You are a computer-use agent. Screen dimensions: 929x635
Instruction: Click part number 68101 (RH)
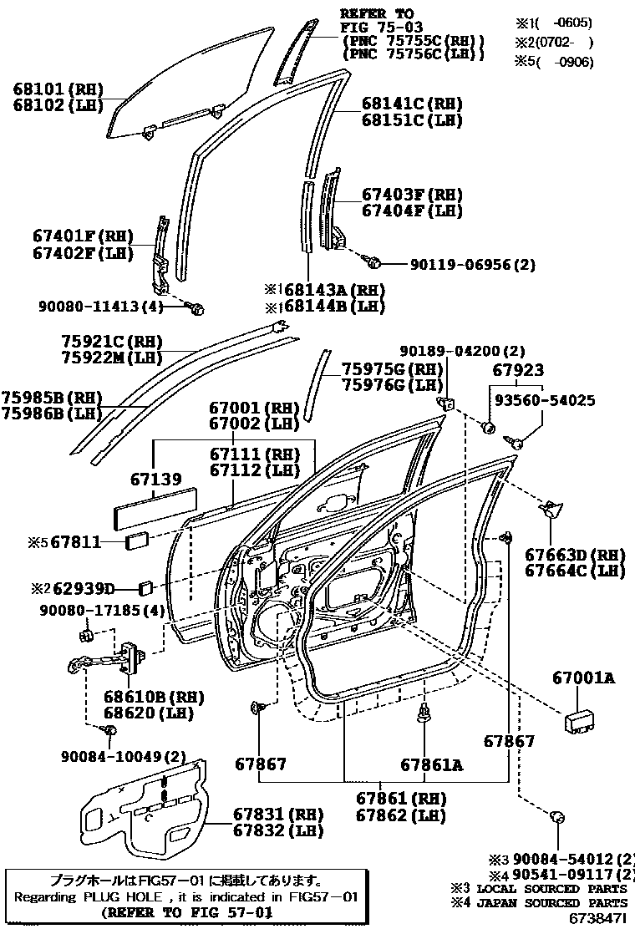(x=55, y=88)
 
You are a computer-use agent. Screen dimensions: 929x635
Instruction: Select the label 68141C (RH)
(x=411, y=104)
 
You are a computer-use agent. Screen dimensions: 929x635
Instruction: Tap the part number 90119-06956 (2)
(x=472, y=265)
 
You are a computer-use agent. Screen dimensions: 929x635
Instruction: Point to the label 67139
(x=155, y=480)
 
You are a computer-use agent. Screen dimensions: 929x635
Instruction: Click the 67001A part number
(x=582, y=678)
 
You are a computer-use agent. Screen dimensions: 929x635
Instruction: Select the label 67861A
(x=430, y=764)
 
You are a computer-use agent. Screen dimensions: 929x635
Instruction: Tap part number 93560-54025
(x=544, y=400)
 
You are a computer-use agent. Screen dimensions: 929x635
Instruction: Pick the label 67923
(x=517, y=369)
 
